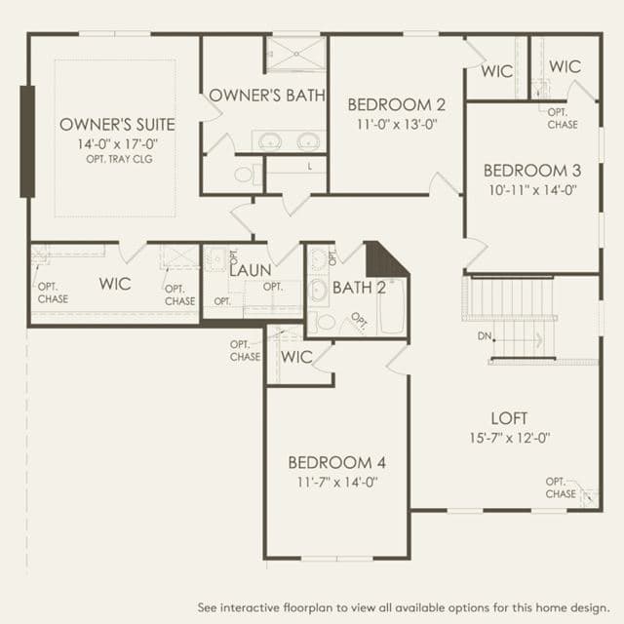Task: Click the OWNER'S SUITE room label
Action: pyautogui.click(x=117, y=125)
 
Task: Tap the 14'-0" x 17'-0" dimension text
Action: pyautogui.click(x=118, y=143)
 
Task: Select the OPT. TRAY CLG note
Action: pyautogui.click(x=119, y=159)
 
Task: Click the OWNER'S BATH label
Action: pyautogui.click(x=267, y=96)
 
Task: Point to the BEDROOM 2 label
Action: pyautogui.click(x=397, y=104)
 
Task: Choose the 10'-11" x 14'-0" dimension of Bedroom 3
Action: pyautogui.click(x=533, y=190)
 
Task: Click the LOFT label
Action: pyautogui.click(x=509, y=418)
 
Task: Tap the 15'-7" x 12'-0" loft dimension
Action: pyautogui.click(x=510, y=438)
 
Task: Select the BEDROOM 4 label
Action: pyautogui.click(x=336, y=462)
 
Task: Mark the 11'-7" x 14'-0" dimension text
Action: pyautogui.click(x=337, y=483)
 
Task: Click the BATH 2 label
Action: pyautogui.click(x=359, y=288)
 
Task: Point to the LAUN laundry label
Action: pyautogui.click(x=251, y=271)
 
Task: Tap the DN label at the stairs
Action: pyautogui.click(x=485, y=336)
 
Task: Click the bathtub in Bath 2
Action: pyautogui.click(x=391, y=306)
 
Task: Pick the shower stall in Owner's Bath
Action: pyautogui.click(x=295, y=55)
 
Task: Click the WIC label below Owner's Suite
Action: pyautogui.click(x=115, y=284)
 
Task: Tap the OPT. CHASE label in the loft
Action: pyautogui.click(x=562, y=487)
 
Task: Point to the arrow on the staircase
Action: pyautogui.click(x=518, y=340)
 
